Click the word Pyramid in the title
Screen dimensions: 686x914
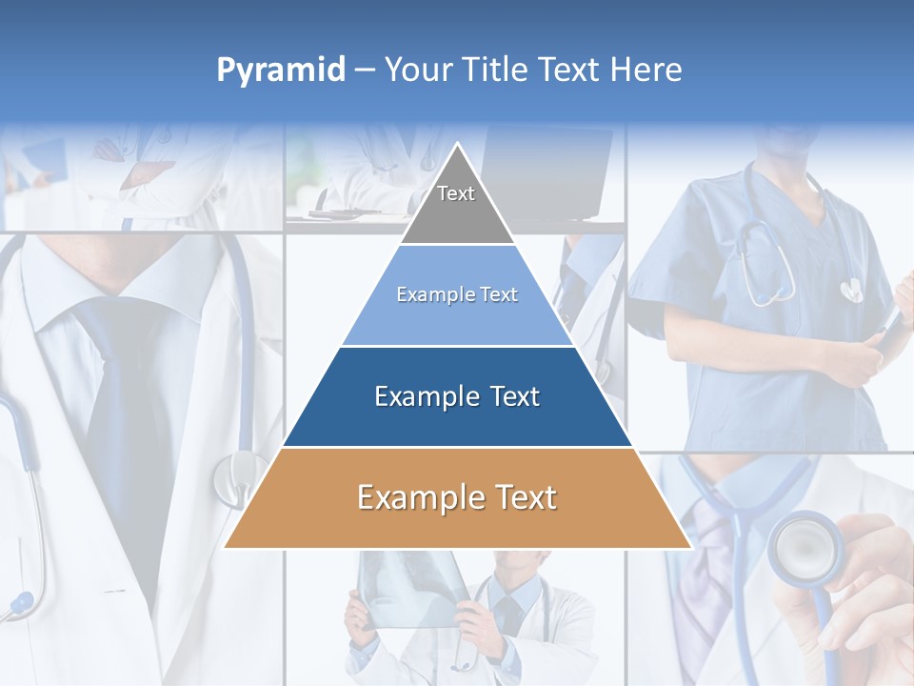(x=281, y=71)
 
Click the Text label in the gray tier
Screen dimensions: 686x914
(x=456, y=193)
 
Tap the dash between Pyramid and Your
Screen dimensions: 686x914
(x=365, y=71)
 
